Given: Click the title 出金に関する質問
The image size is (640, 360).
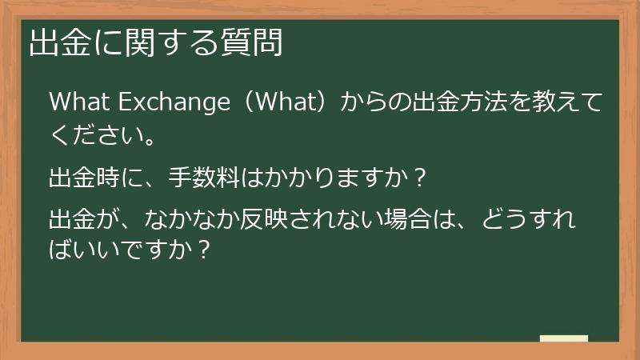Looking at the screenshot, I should coord(157,43).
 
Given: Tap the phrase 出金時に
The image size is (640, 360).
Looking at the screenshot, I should coord(89,177).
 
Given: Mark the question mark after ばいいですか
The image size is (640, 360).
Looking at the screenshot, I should coord(204,250).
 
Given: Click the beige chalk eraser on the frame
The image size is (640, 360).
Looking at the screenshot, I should coord(564,338).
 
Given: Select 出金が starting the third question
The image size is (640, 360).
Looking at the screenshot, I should coord(78,218).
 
